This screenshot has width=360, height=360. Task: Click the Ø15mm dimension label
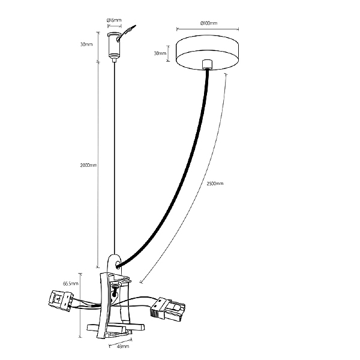114,20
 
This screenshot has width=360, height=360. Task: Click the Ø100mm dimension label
208,23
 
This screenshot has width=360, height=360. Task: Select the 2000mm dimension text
88,165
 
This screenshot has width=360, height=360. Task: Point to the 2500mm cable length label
215,184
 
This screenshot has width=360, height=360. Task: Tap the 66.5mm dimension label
71,284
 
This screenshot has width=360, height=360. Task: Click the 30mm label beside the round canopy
160,53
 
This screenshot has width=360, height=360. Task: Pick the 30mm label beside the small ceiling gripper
86,44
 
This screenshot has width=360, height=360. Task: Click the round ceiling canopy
207,52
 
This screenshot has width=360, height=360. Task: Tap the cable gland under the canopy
207,64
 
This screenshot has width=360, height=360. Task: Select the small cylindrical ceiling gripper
113,46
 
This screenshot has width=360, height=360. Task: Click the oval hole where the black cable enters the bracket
118,265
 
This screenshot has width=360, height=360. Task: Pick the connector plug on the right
167,309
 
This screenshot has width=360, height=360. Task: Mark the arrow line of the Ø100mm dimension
208,29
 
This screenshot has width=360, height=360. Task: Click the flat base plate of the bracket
115,328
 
